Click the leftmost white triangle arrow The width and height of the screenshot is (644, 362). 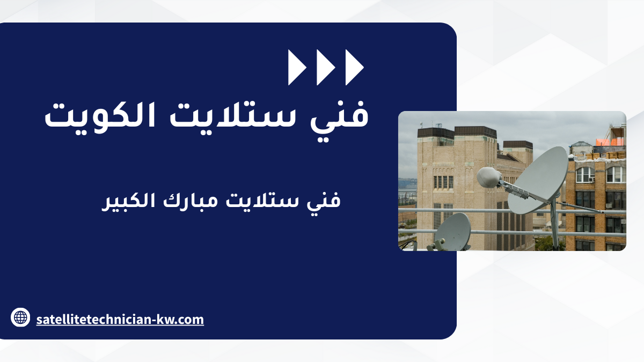296,67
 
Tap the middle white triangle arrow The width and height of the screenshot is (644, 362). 325,67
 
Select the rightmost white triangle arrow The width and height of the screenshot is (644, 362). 354,67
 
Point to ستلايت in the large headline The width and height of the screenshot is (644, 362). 233,115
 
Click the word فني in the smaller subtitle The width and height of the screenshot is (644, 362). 324,201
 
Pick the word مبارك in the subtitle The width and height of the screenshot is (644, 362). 191,201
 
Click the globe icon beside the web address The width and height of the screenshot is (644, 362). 20,317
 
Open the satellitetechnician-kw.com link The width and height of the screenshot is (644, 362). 120,320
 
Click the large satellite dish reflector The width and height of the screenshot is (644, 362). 538,180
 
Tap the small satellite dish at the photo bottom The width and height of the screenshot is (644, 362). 452,231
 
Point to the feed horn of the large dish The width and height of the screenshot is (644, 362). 489,177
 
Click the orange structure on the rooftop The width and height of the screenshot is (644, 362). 610,142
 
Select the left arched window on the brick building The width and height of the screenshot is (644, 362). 586,175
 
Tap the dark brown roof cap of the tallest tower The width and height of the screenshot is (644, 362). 475,132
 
